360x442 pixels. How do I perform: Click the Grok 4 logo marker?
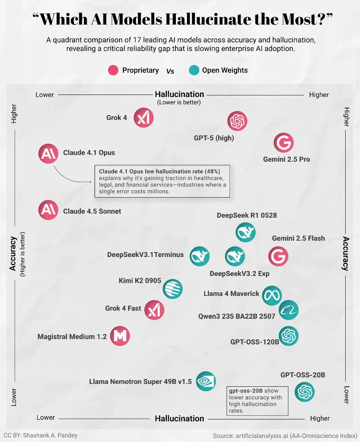[x=144, y=118]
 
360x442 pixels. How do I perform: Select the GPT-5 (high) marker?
[x=237, y=121]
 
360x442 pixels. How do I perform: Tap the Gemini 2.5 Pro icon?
[x=283, y=143]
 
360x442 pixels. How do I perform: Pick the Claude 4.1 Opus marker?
[x=48, y=154]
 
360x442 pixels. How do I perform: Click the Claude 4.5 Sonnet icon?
[x=48, y=210]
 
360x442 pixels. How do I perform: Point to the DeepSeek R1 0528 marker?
[x=246, y=232]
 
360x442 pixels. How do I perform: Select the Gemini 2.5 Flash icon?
[x=278, y=257]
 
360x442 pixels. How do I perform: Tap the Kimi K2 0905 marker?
[x=173, y=289]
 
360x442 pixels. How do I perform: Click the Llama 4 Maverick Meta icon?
[x=272, y=295]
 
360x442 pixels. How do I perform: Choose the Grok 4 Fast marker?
[x=154, y=309]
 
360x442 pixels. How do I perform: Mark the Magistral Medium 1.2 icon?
[x=120, y=336]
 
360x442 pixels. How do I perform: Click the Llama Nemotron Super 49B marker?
[x=206, y=381]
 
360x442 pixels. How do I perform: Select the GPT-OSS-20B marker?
[x=305, y=392]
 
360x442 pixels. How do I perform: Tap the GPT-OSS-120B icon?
[x=288, y=336]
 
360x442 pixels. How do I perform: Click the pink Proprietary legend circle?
[x=113, y=70]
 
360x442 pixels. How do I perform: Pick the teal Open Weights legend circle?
[x=194, y=70]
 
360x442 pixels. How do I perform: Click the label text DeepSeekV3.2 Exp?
[x=239, y=274]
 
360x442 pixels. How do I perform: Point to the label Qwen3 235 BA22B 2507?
[x=236, y=316]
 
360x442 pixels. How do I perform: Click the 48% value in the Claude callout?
[x=211, y=171]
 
